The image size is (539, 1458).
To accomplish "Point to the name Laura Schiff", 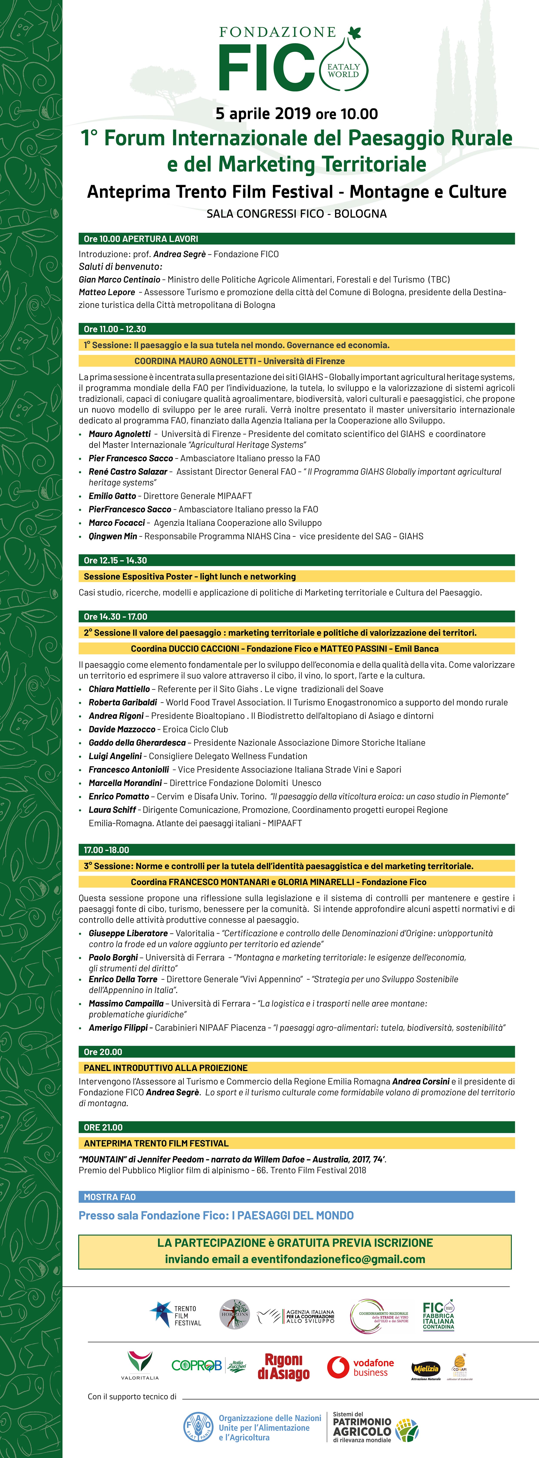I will point(112,810).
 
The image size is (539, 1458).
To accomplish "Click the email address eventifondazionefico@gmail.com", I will point(338,1259).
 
